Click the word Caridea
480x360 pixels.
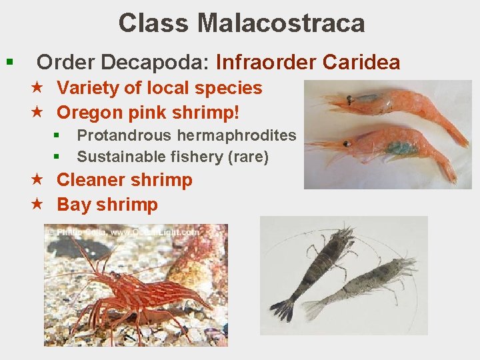(x=361, y=63)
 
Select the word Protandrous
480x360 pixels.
(x=125, y=135)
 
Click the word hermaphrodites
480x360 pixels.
(x=237, y=135)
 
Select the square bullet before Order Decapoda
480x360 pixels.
(x=9, y=63)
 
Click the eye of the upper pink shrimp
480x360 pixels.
(x=349, y=100)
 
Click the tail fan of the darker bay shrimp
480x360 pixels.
(x=283, y=309)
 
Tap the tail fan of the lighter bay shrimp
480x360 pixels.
(x=313, y=309)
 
